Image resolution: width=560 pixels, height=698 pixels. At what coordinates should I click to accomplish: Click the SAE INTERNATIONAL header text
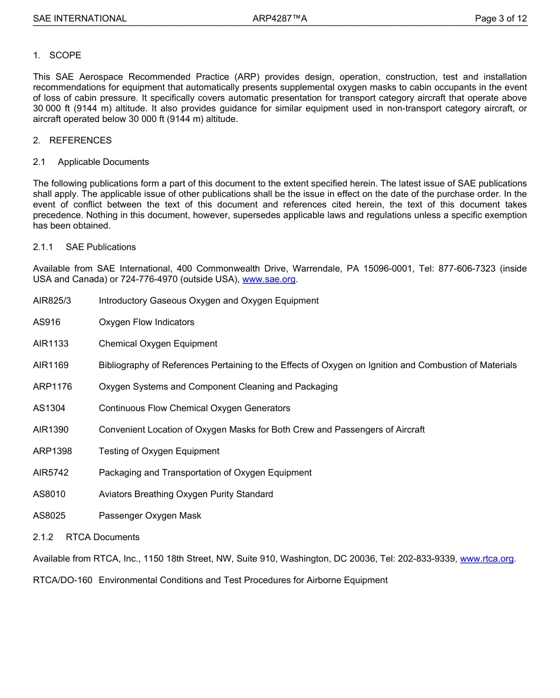pyautogui.click(x=80, y=18)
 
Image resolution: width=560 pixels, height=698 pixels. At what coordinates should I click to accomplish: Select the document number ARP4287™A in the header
pyautogui.click(x=280, y=18)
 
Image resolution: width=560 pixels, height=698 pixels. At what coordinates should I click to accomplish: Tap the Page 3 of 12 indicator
pyautogui.click(x=500, y=18)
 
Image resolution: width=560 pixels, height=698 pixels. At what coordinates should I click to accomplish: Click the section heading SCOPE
pyautogui.click(x=65, y=55)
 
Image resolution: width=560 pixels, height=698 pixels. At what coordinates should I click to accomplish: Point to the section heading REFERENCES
pyautogui.click(x=80, y=140)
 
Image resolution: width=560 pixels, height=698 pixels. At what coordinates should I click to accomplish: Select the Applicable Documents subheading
pyautogui.click(x=103, y=162)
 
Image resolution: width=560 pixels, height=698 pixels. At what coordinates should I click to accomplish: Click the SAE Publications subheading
pyautogui.click(x=101, y=247)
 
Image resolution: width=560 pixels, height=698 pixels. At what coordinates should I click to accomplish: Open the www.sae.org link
pyautogui.click(x=269, y=279)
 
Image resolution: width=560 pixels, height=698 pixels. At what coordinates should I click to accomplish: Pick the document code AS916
pyautogui.click(x=47, y=322)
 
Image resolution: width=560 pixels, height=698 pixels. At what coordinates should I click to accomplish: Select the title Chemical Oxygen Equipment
pyautogui.click(x=158, y=343)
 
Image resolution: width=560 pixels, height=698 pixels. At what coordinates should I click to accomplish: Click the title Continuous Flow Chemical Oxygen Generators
pyautogui.click(x=195, y=408)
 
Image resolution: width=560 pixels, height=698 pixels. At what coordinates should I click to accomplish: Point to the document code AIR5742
pyautogui.click(x=51, y=472)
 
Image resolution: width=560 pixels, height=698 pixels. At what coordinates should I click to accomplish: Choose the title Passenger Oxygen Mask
pyautogui.click(x=150, y=515)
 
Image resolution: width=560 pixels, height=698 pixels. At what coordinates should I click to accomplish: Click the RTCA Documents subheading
pyautogui.click(x=103, y=537)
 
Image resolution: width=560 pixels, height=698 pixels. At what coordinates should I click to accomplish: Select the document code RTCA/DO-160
pyautogui.click(x=62, y=580)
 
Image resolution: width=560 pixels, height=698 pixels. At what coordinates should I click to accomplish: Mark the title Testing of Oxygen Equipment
pyautogui.click(x=159, y=451)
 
